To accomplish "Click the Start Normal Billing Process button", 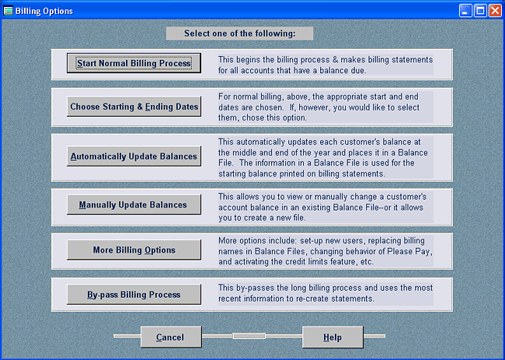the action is click(x=134, y=63).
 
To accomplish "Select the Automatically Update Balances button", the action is click(x=134, y=156).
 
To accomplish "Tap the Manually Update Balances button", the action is click(x=134, y=204).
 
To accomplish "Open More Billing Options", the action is click(x=134, y=250).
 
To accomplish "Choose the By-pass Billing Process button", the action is click(x=134, y=295).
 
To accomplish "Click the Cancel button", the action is click(x=171, y=337).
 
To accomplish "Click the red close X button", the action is click(x=495, y=11).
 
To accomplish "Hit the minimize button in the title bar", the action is click(x=465, y=11).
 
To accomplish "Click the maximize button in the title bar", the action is click(x=480, y=11).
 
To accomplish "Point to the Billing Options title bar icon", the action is click(x=8, y=11).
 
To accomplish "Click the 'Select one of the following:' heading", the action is click(x=239, y=33).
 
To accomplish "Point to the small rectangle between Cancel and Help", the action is click(x=249, y=336).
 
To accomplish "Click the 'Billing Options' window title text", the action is click(x=44, y=11).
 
